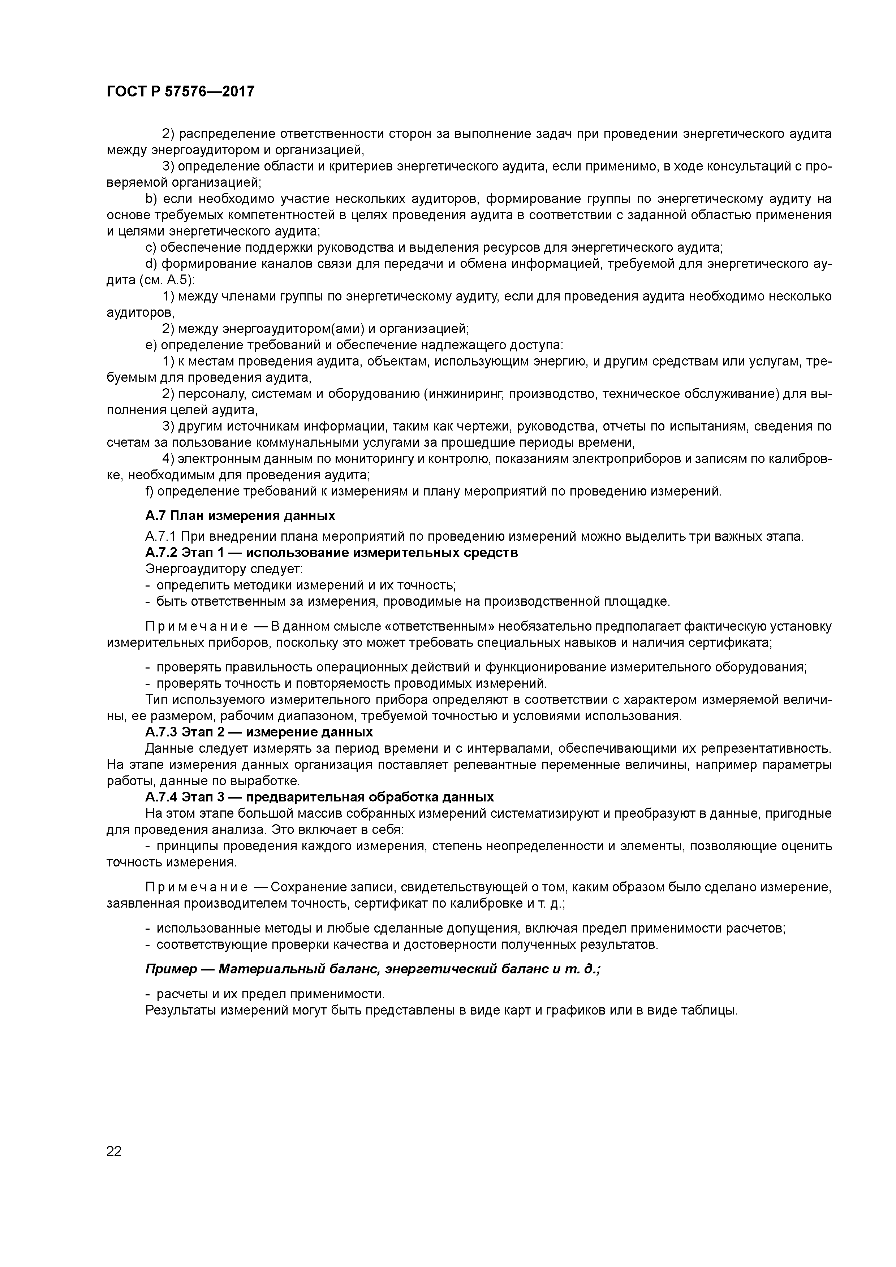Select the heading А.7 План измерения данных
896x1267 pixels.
point(240,515)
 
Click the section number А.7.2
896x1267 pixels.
point(161,552)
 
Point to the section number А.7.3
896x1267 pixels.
point(161,732)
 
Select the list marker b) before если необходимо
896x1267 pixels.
point(152,199)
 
